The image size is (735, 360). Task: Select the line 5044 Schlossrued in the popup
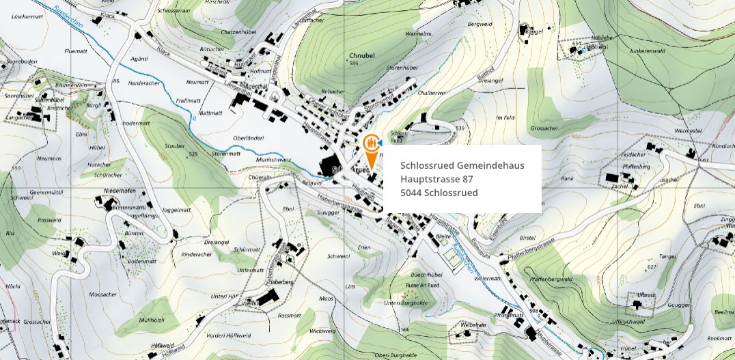coord(439,193)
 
